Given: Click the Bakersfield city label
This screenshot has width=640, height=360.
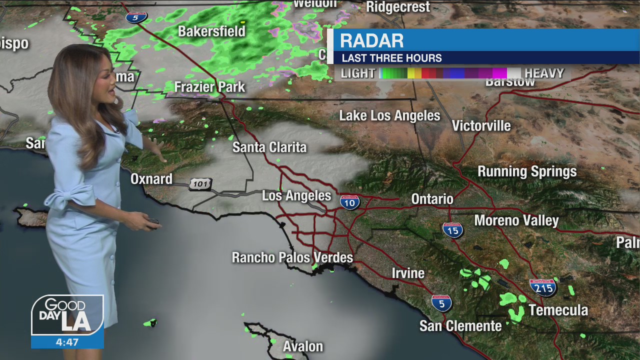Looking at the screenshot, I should pyautogui.click(x=211, y=31).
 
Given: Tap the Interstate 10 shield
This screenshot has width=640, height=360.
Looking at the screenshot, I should pyautogui.click(x=349, y=201).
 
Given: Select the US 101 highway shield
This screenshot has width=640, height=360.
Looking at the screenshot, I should pyautogui.click(x=200, y=184).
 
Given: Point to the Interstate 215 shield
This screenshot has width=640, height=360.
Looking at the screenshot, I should pyautogui.click(x=543, y=287).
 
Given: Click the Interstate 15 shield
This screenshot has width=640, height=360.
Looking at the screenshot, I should pyautogui.click(x=452, y=229).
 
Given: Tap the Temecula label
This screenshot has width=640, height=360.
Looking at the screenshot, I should pyautogui.click(x=558, y=310).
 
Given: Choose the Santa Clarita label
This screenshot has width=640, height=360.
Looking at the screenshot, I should pyautogui.click(x=269, y=147).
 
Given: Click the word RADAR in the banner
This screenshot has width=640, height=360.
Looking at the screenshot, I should pyautogui.click(x=371, y=40).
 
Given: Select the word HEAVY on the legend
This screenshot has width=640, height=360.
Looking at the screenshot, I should pyautogui.click(x=544, y=73).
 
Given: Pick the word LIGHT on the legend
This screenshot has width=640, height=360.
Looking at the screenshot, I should pyautogui.click(x=358, y=73).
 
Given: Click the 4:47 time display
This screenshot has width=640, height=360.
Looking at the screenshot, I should pyautogui.click(x=67, y=342).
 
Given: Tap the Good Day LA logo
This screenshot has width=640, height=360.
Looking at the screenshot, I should pyautogui.click(x=67, y=315).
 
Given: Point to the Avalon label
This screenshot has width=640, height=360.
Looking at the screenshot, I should pyautogui.click(x=303, y=346).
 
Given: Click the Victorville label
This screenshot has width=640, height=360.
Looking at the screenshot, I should pyautogui.click(x=481, y=126).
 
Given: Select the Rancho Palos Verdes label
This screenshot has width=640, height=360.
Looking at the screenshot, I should pyautogui.click(x=292, y=258).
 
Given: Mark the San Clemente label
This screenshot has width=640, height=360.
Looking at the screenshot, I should pyautogui.click(x=460, y=326).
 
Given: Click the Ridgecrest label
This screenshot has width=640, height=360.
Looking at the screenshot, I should pyautogui.click(x=398, y=7).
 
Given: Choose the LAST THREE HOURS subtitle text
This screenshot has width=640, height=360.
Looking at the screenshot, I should pyautogui.click(x=391, y=58).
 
